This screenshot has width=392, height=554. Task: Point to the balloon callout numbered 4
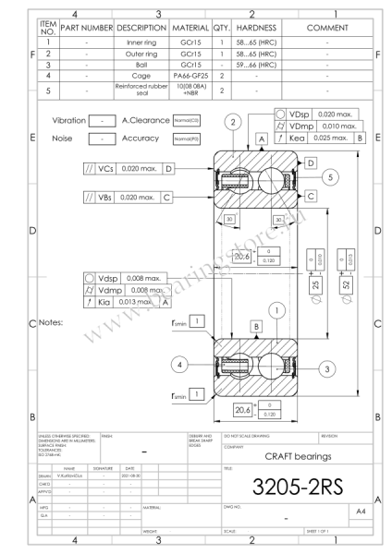tap(181, 362)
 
